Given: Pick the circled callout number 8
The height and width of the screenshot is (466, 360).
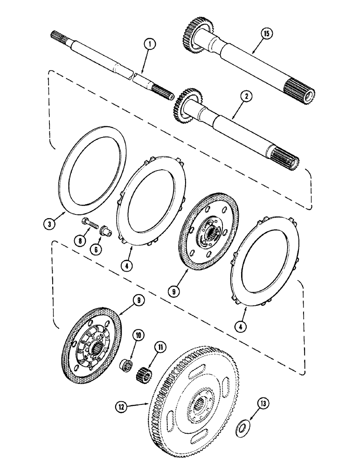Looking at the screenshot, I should (x=81, y=240).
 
